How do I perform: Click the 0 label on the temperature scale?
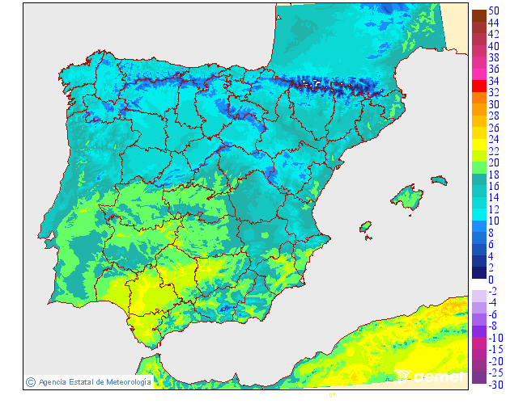pos(491,280)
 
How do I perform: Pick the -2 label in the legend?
pos(493,291)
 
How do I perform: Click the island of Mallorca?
pos(408,196)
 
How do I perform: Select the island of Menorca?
pos(438,179)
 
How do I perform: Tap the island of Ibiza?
pos(365,226)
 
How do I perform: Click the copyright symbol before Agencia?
pos(30,381)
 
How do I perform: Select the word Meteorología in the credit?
pos(125,381)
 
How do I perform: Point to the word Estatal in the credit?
pos(80,381)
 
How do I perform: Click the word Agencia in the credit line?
pos(52,381)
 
